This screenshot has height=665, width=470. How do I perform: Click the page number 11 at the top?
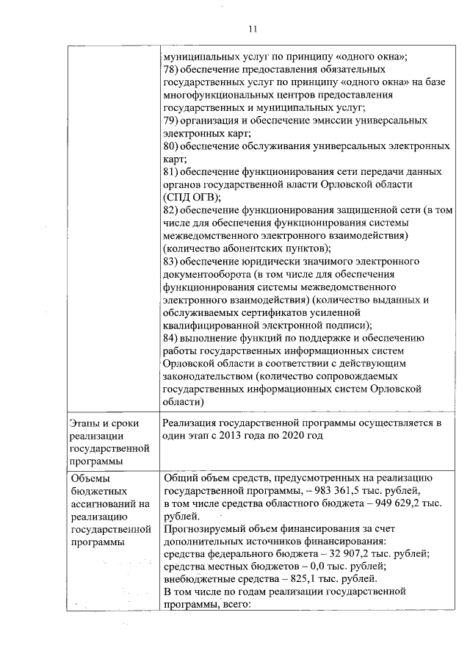253,29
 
